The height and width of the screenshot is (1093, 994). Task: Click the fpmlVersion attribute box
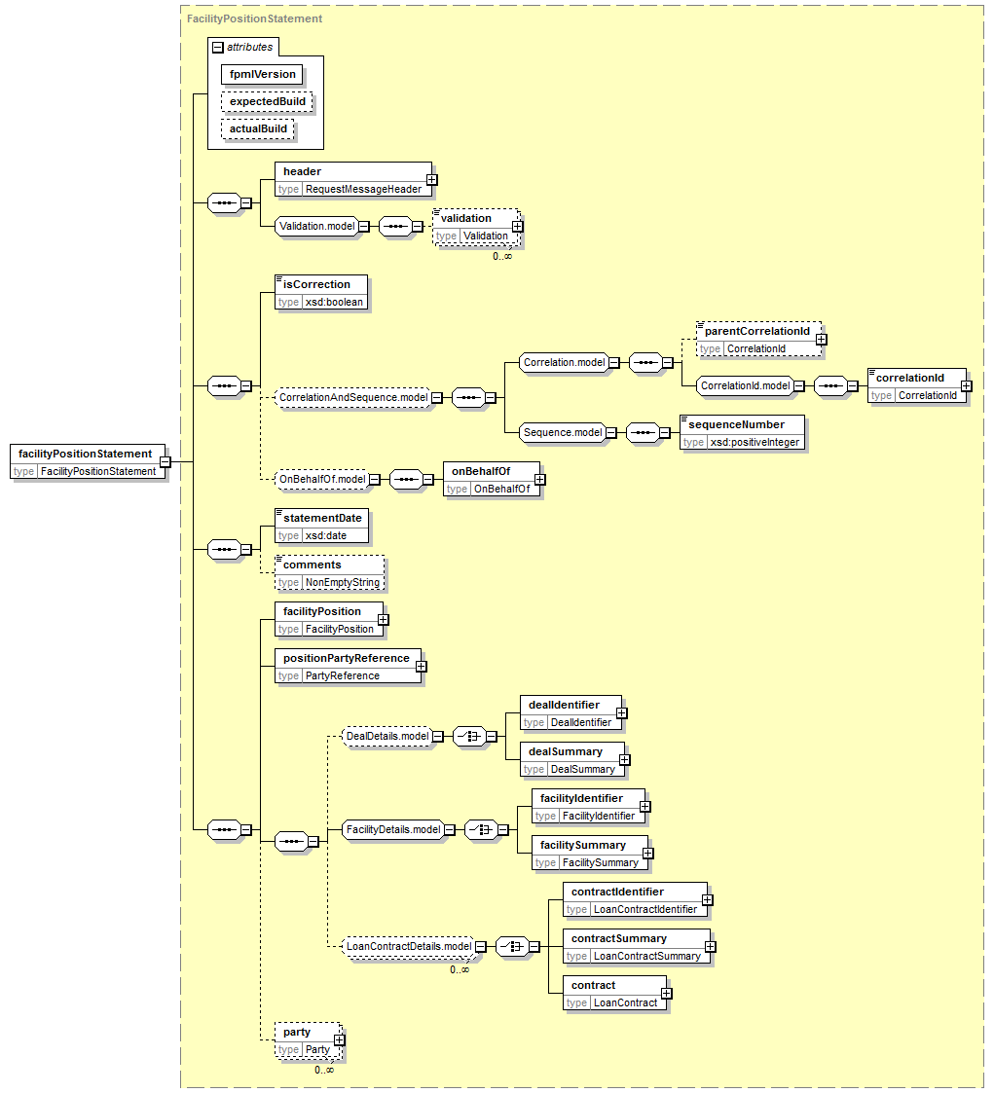261,74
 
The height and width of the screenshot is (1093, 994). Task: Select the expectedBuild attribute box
267,101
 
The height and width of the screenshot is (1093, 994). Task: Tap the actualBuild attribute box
258,128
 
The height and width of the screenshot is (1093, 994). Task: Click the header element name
302,171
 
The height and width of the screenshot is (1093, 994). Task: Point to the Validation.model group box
317,226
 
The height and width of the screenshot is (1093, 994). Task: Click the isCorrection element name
316,284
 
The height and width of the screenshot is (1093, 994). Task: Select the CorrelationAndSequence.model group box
353,397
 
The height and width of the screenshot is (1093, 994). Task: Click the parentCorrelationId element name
756,331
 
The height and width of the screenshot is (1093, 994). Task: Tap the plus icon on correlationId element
966,386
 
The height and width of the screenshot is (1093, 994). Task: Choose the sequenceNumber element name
736,424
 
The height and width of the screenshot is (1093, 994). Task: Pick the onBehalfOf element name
481,471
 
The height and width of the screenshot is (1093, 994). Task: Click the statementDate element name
322,518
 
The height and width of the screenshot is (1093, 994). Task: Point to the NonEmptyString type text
342,582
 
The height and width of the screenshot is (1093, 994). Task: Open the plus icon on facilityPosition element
384,619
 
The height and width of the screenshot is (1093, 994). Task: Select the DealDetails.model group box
387,736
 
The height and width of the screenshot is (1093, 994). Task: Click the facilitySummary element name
581,845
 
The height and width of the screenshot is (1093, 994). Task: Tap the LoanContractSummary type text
646,956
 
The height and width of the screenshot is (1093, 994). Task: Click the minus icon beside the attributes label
218,47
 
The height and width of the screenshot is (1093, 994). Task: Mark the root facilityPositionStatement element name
85,454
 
